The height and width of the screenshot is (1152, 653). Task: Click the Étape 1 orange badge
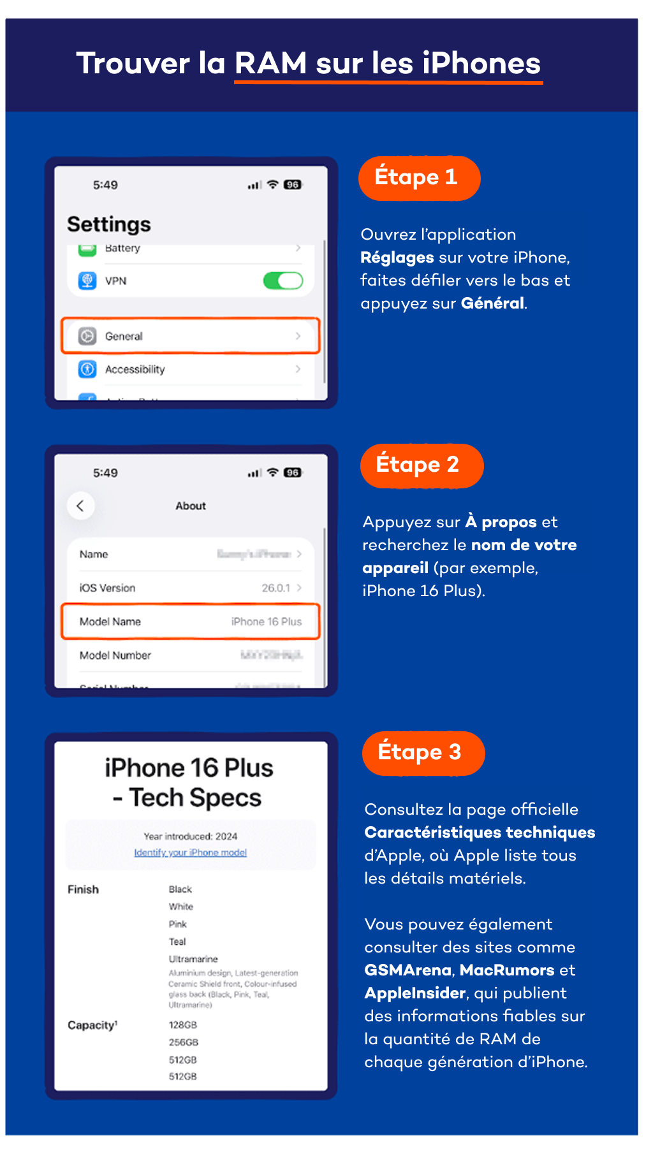pos(418,178)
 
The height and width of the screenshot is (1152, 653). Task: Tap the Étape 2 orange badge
pos(421,465)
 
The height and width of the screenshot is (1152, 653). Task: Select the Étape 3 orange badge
pos(423,753)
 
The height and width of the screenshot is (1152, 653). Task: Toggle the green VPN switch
pos(283,281)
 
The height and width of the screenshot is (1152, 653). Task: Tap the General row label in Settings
pos(124,336)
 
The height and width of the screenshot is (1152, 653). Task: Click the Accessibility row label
pos(135,369)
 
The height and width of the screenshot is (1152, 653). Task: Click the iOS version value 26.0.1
pos(275,588)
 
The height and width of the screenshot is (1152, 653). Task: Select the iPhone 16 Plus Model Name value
pos(266,622)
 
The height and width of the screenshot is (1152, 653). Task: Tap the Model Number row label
pos(115,655)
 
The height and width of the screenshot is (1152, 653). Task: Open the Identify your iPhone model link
pos(190,852)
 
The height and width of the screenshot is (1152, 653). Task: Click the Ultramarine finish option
pos(193,959)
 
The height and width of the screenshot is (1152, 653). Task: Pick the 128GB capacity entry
pos(183,1024)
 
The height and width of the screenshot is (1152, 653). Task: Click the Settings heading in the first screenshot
pos(109,224)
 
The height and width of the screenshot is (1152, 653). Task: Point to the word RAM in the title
pos(271,64)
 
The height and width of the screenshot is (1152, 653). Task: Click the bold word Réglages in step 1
pos(397,258)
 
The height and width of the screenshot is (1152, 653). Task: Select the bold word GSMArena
pos(408,970)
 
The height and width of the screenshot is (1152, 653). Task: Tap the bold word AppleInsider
pos(415,993)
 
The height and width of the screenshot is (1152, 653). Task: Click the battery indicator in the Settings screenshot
pos(293,185)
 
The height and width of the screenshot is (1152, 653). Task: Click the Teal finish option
pos(177,942)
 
